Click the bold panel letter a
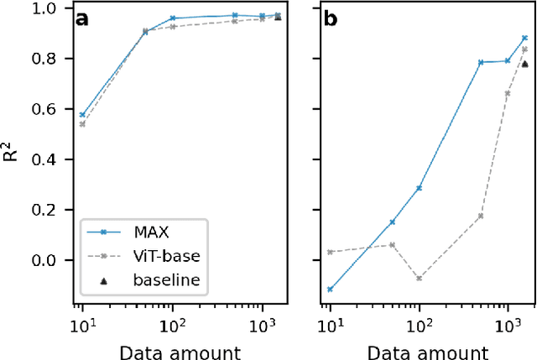point(82,20)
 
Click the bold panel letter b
point(331,20)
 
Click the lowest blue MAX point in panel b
point(330,289)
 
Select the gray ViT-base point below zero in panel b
point(419,278)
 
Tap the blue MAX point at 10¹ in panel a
point(82,115)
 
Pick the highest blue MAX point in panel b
point(524,38)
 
